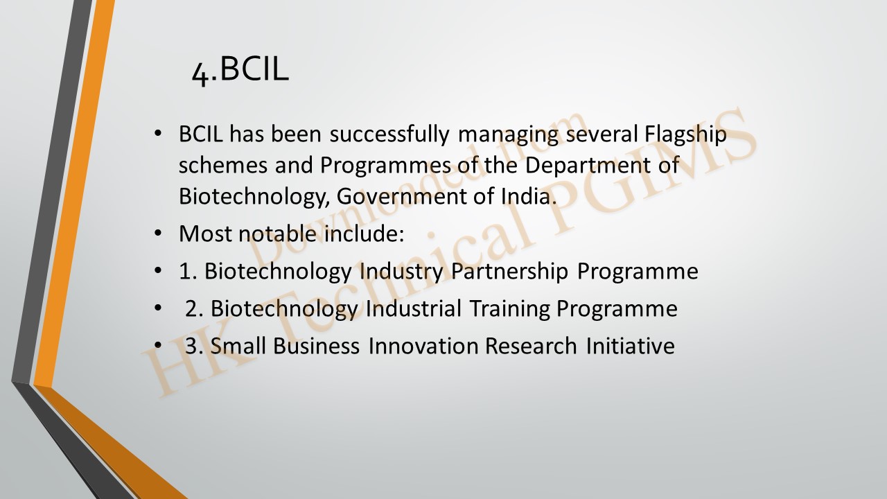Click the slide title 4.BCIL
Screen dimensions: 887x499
240,71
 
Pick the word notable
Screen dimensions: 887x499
277,234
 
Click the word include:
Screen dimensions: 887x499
365,234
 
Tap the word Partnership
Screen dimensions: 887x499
509,272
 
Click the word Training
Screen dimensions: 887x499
509,309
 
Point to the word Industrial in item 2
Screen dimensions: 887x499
414,308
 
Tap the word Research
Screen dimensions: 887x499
531,346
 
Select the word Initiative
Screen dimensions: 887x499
630,346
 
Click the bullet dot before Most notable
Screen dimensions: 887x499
158,234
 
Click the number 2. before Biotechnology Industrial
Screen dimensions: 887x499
195,309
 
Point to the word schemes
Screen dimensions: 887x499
223,166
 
